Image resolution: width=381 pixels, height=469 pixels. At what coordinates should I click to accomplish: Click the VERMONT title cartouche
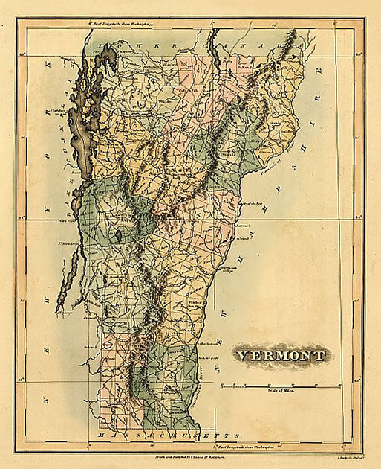[281, 355]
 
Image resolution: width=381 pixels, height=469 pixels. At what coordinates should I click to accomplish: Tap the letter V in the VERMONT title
[242, 355]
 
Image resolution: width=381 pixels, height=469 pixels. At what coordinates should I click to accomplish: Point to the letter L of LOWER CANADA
[137, 42]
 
